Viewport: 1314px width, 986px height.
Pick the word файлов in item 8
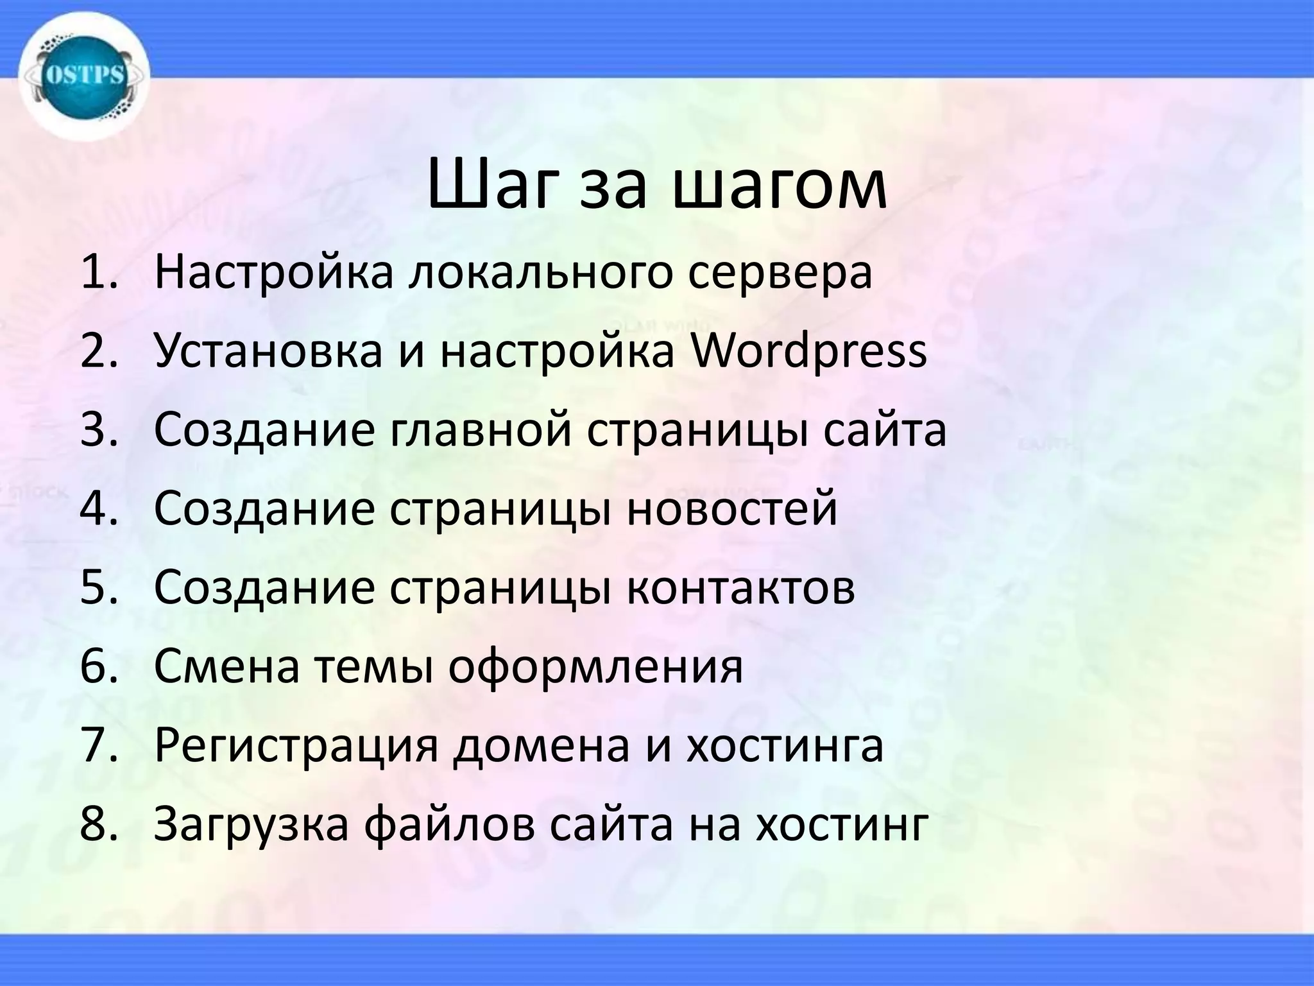coord(449,825)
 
